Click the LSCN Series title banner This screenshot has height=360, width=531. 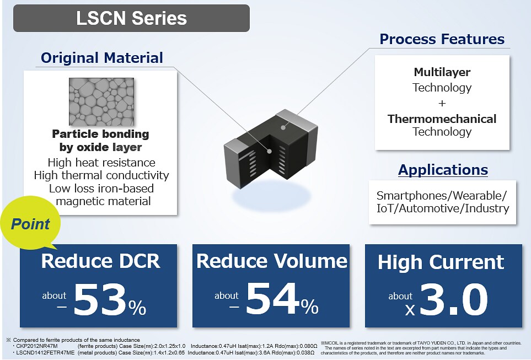(x=131, y=18)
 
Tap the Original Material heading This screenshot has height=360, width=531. (x=102, y=58)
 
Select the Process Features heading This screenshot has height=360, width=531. (x=442, y=39)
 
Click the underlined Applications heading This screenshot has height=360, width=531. (x=443, y=170)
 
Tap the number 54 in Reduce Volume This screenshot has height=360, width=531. (x=273, y=300)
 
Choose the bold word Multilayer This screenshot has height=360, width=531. (x=442, y=72)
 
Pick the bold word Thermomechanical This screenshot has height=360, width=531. (x=442, y=119)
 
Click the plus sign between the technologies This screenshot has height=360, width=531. (x=442, y=103)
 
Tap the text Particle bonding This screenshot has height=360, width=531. (x=100, y=134)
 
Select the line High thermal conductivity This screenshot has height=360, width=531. (x=101, y=175)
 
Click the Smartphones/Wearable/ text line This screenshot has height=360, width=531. (x=441, y=196)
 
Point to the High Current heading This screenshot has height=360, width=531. (x=441, y=262)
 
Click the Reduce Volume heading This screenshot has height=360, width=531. (x=272, y=261)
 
